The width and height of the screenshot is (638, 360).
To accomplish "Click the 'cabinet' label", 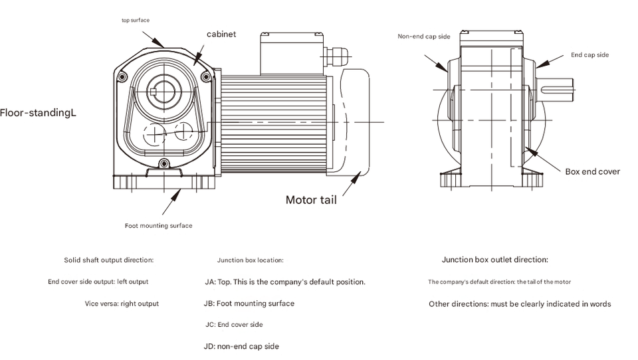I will coord(221,34).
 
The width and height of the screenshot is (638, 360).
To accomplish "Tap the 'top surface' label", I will coord(136,21).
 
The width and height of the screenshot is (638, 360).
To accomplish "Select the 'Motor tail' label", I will coord(311,199).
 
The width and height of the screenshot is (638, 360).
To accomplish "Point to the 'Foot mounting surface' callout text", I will coord(159,226).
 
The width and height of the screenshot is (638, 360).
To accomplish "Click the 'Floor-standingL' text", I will coord(39,113).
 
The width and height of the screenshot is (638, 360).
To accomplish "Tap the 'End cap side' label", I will coord(589,55).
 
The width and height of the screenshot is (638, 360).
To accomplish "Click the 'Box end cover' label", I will coord(592,171).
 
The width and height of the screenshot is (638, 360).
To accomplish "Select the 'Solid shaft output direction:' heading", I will coord(109,260).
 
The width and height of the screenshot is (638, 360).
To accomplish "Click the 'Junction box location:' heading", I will coord(251,260).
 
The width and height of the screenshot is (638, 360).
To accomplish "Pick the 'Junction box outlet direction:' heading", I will coord(495,260).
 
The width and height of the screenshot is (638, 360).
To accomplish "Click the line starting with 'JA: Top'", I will coord(285,282).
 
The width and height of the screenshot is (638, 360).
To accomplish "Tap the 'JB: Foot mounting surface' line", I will coord(249,304).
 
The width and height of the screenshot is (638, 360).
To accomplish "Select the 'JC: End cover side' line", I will coord(234,325).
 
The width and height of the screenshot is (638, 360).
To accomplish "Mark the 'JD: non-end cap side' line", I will coord(241,346).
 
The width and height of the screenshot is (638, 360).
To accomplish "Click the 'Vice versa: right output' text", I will coord(122,304).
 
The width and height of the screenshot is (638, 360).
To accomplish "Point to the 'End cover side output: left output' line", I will coord(98,282).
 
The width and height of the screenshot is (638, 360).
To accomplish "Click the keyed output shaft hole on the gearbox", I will coord(162,91).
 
